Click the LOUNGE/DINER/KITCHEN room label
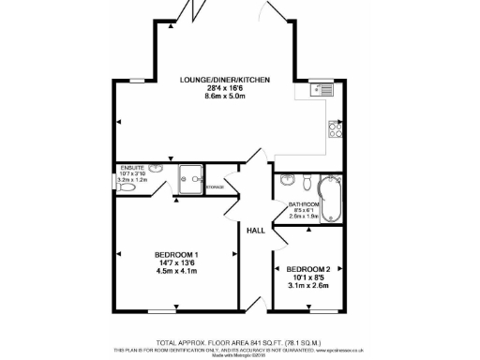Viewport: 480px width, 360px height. [225, 81]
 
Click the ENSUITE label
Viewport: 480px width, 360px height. [133, 168]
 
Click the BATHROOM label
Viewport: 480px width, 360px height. [304, 204]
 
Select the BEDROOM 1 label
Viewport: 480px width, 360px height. [176, 255]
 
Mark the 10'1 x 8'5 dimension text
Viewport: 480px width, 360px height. [309, 276]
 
